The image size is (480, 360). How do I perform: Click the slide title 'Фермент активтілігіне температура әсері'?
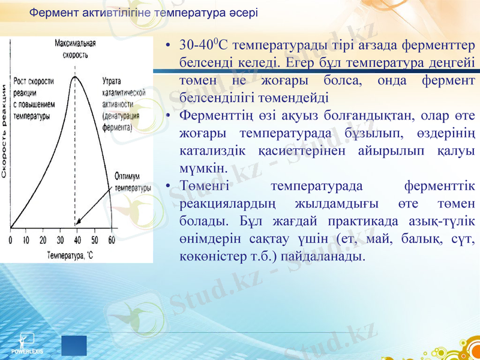coord(143,12)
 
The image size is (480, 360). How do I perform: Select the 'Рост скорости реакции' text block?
coord(34,98)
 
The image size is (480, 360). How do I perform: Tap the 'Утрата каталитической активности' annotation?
coord(125,103)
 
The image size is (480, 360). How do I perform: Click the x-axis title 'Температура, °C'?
coord(69,255)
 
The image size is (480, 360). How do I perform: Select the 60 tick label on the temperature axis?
coord(112,241)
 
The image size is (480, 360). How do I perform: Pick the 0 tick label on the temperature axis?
coord(10,241)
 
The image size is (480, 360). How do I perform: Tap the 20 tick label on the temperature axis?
coord(43,241)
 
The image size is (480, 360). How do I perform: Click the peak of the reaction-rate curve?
coord(74,76)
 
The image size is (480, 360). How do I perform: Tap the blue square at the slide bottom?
coord(74,346)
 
